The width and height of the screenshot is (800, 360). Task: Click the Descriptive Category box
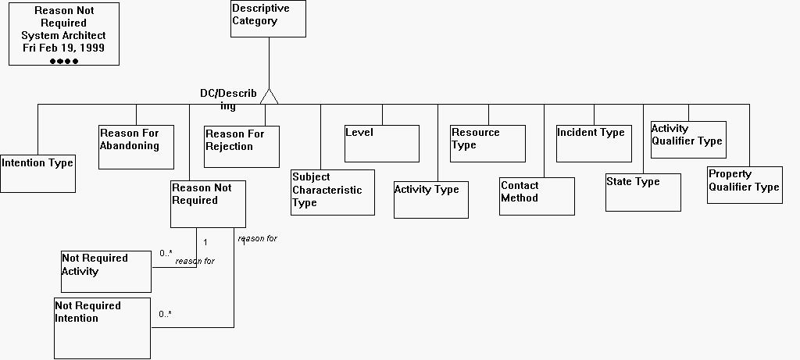coord(268,19)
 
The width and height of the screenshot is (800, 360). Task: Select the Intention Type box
coord(37,173)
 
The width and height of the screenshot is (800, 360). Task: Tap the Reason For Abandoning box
coord(136,147)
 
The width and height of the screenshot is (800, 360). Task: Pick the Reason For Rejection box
coord(241,146)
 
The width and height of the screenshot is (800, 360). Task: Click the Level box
coord(382,143)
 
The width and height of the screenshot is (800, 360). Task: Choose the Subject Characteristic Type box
coord(332,192)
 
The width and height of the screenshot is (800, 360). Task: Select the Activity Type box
coord(430,200)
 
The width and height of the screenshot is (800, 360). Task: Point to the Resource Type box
coord(487,143)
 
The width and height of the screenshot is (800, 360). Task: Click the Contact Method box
coord(537,196)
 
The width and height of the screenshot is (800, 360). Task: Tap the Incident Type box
coord(593,143)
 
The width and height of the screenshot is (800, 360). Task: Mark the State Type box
coord(643,192)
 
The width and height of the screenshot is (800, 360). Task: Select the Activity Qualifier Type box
coord(687,139)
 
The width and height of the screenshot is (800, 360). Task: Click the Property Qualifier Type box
coord(745,185)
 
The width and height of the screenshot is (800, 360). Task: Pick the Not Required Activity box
coord(105,271)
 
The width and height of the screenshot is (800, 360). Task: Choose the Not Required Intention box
coord(102,328)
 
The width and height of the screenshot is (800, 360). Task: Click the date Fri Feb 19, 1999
coord(63,48)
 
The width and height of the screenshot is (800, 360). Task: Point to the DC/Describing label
coord(227,99)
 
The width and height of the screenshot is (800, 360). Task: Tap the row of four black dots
coord(64,61)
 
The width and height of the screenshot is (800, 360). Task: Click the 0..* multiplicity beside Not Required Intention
coord(165,314)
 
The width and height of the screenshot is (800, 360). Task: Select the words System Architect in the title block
coord(63,35)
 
